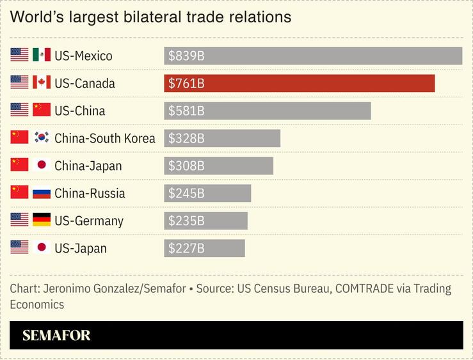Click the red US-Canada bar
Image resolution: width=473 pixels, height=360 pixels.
point(299,83)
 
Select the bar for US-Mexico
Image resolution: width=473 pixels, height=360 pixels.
point(313,56)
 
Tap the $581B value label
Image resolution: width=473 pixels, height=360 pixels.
point(186,111)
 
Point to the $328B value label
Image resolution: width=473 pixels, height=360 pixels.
point(186,138)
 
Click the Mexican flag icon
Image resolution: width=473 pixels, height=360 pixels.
point(42,56)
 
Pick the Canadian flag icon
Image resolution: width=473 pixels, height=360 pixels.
point(42,83)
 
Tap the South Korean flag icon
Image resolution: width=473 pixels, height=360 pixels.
point(42,138)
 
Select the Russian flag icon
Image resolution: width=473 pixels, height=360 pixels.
point(42,193)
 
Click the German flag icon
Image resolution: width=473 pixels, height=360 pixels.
point(42,221)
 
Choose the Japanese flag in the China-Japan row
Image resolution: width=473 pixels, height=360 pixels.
point(42,166)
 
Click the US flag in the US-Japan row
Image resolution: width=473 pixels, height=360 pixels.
point(20,248)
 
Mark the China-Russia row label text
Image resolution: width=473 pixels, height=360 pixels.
point(90,193)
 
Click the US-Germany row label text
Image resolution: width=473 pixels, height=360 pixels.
point(88,221)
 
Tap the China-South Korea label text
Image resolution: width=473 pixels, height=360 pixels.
point(105,138)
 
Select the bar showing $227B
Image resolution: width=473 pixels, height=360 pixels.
point(204,248)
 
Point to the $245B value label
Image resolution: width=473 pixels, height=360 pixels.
point(186,193)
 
